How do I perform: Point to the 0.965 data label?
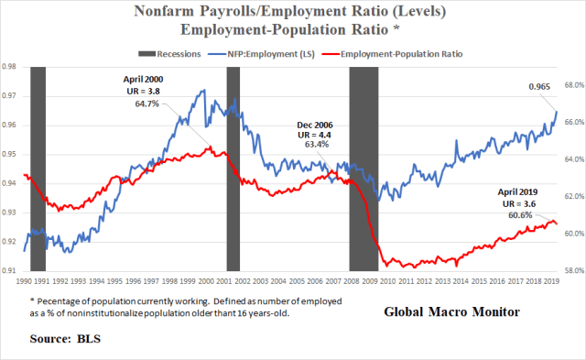(539, 88)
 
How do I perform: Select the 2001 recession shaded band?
(233, 169)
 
